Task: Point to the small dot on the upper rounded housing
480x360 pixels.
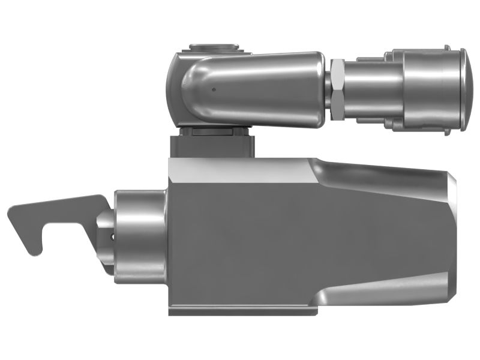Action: [x=213, y=89]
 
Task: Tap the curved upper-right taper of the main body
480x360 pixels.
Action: [x=384, y=174]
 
